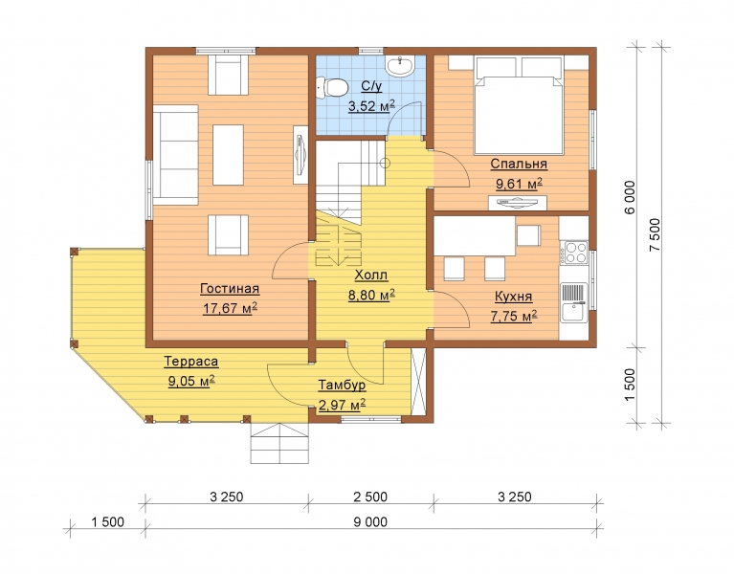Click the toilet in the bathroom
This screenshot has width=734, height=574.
pyautogui.click(x=332, y=88)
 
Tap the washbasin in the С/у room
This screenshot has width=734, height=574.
pyautogui.click(x=400, y=65)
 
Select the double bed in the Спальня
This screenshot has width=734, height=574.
pyautogui.click(x=518, y=106)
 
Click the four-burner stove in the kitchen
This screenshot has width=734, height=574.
pyautogui.click(x=574, y=253)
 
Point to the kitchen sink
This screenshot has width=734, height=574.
pyautogui.click(x=574, y=302)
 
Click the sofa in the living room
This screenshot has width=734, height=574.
pyautogui.click(x=175, y=155)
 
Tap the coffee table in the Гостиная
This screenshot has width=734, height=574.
pyautogui.click(x=228, y=155)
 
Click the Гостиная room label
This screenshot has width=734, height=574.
pyautogui.click(x=230, y=289)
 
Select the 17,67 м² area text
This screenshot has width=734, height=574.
pyautogui.click(x=230, y=308)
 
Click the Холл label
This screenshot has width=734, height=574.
pyautogui.click(x=371, y=276)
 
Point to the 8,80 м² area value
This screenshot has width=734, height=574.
pyautogui.click(x=371, y=296)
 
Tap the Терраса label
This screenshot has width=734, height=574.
pyautogui.click(x=191, y=362)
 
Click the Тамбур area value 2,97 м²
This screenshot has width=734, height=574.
pyautogui.click(x=342, y=404)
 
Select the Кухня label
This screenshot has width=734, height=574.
pyautogui.click(x=514, y=297)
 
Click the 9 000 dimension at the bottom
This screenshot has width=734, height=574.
pyautogui.click(x=370, y=521)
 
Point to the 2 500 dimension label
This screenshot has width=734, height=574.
pyautogui.click(x=370, y=497)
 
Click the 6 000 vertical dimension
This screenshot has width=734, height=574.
pyautogui.click(x=631, y=197)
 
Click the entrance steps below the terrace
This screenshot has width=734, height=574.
pyautogui.click(x=279, y=443)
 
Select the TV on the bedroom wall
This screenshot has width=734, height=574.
pyautogui.click(x=518, y=203)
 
